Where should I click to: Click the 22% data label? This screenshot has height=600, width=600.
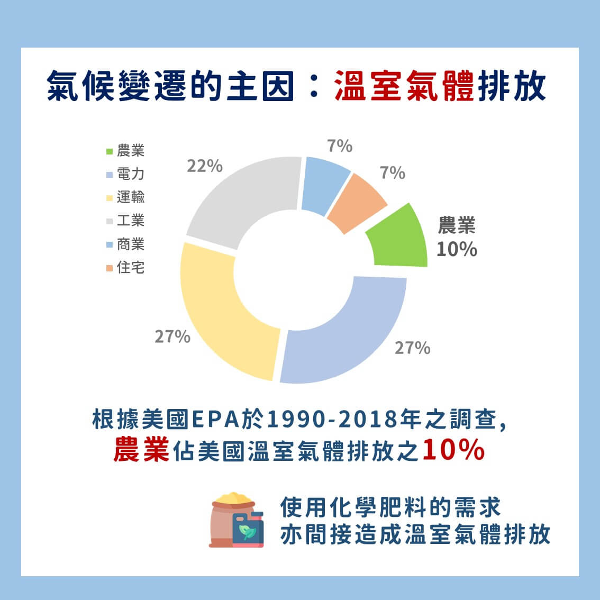click(205, 166)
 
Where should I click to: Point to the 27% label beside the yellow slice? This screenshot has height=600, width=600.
click(172, 337)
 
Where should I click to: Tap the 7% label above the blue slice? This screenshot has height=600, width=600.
click(339, 146)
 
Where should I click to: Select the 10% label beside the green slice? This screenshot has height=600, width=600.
click(457, 249)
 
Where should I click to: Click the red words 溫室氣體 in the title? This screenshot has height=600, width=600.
click(404, 86)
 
